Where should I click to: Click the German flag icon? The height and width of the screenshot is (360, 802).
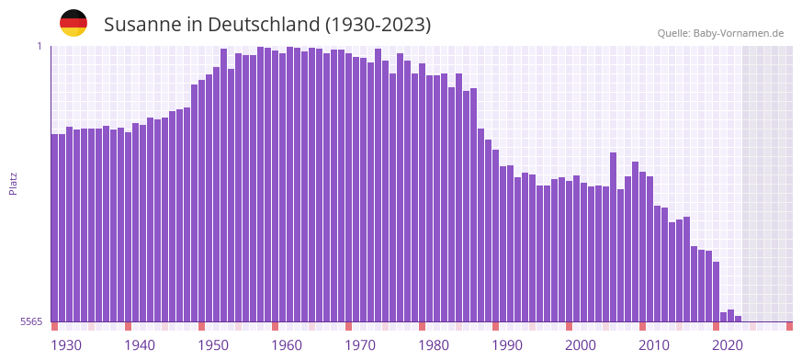(73, 23)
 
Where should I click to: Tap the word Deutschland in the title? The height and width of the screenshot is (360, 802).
(266, 25)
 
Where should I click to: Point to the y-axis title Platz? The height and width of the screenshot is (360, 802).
(13, 184)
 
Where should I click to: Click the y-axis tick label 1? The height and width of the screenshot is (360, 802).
(39, 46)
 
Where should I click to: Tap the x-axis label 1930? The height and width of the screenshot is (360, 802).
(66, 345)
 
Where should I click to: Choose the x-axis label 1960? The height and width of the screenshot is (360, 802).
(287, 345)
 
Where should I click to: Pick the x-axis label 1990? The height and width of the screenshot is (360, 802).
(507, 345)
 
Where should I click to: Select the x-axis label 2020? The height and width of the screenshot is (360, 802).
(728, 345)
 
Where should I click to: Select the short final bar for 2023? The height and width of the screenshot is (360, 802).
(739, 319)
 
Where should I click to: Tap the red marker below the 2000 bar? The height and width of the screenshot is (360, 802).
(570, 326)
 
